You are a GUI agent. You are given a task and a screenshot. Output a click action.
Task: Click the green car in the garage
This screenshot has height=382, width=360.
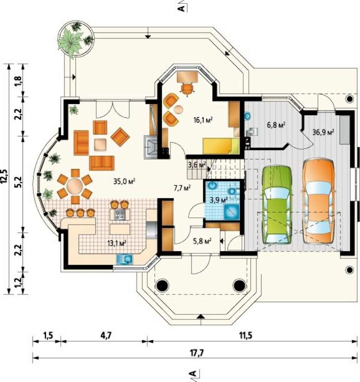point(276,205)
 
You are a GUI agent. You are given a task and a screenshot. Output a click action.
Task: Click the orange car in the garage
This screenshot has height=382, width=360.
point(318,201)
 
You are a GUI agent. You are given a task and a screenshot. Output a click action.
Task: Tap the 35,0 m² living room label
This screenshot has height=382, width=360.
point(124,181)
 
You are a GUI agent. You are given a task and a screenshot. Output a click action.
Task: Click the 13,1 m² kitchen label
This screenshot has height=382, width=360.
point(117,243)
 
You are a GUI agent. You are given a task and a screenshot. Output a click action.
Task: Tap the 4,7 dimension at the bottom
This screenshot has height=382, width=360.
point(106,335)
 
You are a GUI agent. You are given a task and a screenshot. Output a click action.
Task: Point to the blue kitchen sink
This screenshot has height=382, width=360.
point(124,259)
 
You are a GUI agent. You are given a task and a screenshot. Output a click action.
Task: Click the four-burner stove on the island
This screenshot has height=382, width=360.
point(120,214)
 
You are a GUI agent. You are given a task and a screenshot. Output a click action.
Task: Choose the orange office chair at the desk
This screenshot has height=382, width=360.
point(187,89)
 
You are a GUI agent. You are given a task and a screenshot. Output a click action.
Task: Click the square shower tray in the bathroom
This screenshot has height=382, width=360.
point(231,212)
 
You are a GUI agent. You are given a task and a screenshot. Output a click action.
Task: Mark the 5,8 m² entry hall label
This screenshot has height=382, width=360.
point(202,241)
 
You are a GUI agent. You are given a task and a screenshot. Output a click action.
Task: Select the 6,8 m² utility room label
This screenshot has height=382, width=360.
point(276,125)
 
